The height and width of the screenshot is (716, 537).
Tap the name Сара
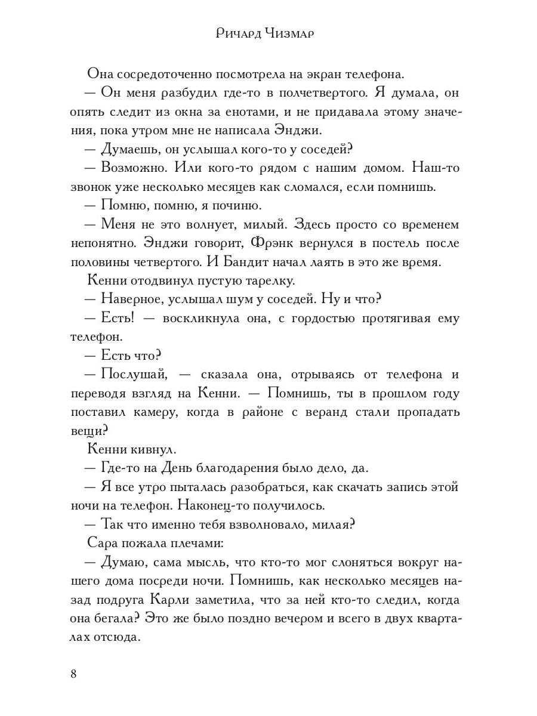coord(105,543)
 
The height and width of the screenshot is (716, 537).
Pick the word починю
coord(236,206)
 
